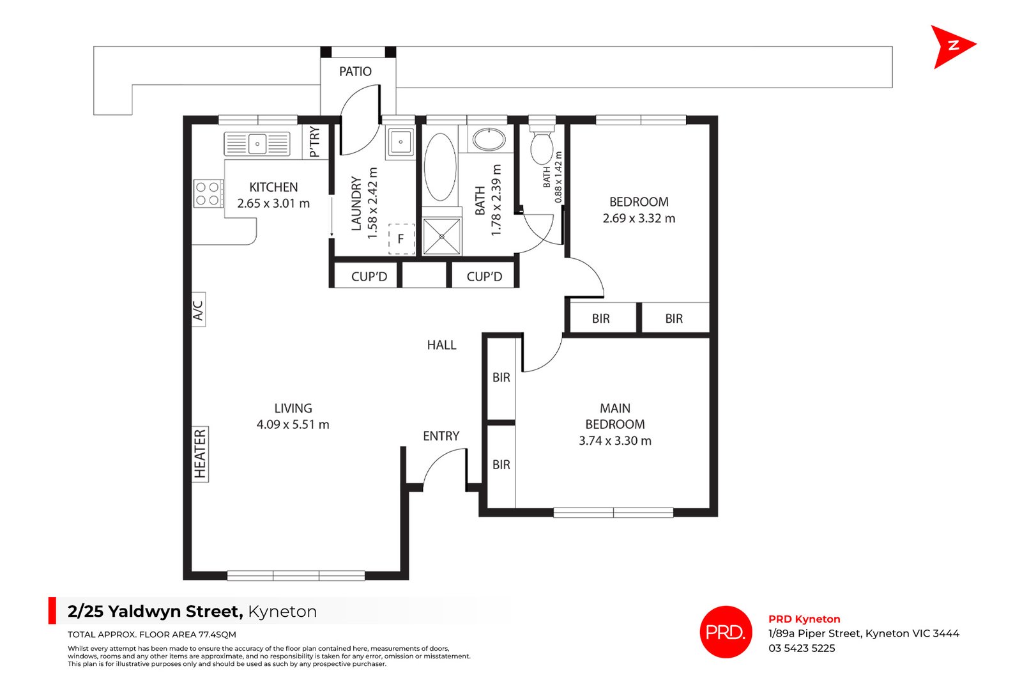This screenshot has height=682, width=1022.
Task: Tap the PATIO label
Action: coord(355,72)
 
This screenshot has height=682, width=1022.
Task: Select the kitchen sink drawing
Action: coord(257,144)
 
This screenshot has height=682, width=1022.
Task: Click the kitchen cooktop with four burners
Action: coord(208,194)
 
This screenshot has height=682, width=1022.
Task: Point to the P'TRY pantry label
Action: coord(315,142)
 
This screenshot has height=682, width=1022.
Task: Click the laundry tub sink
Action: coord(400,143)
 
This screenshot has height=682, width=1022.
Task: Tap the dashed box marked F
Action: coord(402,239)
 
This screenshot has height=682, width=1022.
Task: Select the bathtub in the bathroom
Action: coord(440,167)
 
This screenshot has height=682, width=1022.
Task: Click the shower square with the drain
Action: coord(441,236)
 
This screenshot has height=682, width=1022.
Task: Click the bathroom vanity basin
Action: coord(489,139)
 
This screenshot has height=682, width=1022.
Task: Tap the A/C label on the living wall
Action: coord(198,310)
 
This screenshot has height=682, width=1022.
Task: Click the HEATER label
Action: coord(201,454)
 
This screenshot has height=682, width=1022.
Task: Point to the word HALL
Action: coord(441,345)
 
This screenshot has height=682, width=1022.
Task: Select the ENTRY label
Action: coord(441,437)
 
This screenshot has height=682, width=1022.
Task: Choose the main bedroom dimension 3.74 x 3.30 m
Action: coord(615,441)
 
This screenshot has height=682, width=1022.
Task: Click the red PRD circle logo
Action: coord(726,632)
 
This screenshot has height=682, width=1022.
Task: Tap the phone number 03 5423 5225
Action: coord(802,648)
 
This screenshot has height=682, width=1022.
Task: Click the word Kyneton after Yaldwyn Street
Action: coord(282,612)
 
